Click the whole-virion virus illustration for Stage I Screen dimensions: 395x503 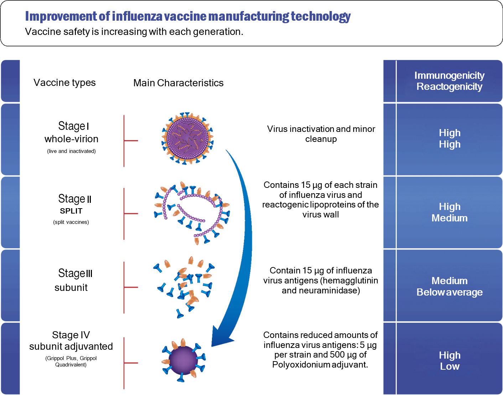tap(187, 138)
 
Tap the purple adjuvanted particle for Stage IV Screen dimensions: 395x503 tap(183, 360)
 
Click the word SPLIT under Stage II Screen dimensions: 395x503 tap(71, 211)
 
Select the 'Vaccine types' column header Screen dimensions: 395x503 tap(64, 83)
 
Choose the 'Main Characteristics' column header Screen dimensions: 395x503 tap(178, 83)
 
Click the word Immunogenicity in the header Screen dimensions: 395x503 tap(449, 76)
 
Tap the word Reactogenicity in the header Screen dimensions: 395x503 tap(449, 87)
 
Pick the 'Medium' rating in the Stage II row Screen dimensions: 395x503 tap(449, 218)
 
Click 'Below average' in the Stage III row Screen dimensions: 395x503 tap(449, 292)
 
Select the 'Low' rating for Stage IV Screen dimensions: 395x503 tap(450, 366)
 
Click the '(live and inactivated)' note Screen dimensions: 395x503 tap(71, 151)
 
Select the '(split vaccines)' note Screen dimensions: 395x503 tap(71, 222)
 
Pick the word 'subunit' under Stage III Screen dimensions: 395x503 tap(71, 288)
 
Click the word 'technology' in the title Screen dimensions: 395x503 tap(321, 16)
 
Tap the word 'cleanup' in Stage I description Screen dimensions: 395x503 tap(321, 139)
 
